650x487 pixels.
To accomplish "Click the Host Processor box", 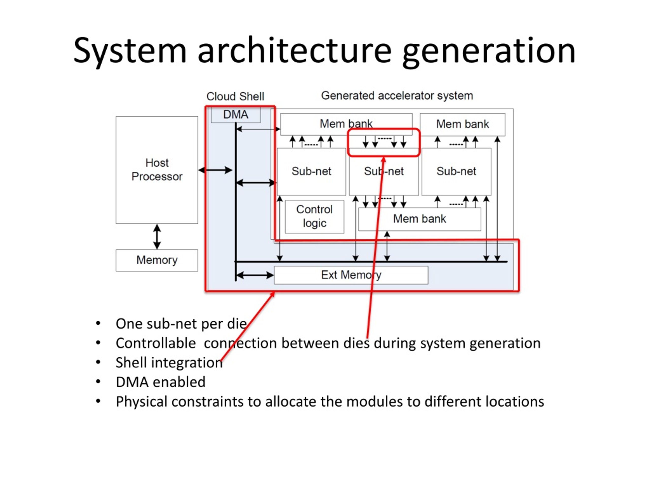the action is coord(157,170).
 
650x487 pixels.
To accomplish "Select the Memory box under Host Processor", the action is coord(157,260).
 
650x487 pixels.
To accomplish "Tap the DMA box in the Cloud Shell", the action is coord(236,115).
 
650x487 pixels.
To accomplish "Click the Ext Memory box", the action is coord(351,275).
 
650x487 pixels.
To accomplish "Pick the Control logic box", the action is coord(314,217).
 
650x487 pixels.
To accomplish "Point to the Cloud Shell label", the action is coord(235,96).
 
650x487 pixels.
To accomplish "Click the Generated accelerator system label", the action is coord(397,96).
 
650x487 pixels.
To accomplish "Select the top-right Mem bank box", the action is coord(463,125).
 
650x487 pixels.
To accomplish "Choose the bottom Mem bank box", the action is coord(420,219).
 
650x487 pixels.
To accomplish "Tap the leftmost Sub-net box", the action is coord(312,171).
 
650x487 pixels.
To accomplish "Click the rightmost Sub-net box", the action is coord(456,171).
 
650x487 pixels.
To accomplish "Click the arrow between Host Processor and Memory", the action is coord(157,237).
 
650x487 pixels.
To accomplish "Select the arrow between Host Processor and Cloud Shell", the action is coord(215,170).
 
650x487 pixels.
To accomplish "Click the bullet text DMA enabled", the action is coord(160,382).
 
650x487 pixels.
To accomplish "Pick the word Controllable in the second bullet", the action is coord(156,343).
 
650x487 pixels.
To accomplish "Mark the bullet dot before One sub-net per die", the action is coord(98,323).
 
